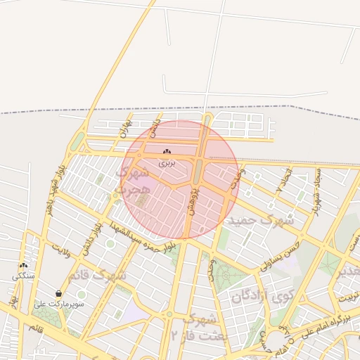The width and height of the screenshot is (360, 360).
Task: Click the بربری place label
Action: click(167, 162)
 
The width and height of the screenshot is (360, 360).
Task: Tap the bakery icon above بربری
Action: click(167, 152)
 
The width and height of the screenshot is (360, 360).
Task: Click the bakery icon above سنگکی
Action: click(24, 266)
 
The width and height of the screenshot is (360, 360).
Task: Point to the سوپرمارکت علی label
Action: click(59, 304)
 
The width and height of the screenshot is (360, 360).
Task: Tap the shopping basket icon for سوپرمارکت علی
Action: click(58, 293)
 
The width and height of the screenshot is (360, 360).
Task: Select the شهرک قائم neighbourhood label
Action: click(103, 274)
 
